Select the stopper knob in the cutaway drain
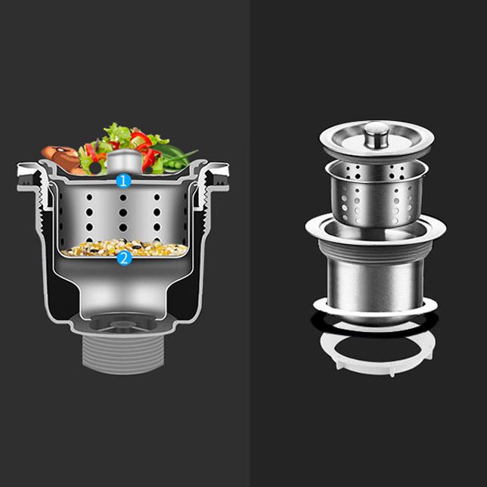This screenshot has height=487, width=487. [123, 161]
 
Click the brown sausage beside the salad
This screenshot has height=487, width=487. [60, 158]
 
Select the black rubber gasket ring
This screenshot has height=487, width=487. [376, 327]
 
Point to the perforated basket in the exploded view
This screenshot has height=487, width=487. [376, 198]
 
